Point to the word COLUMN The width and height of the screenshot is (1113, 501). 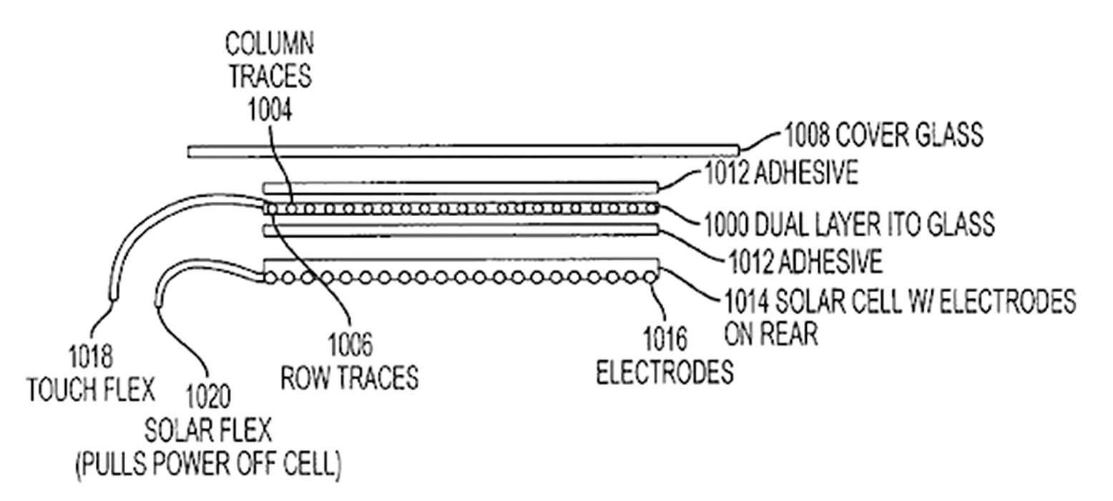pos(270,44)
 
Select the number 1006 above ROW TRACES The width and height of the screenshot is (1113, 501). pos(350,345)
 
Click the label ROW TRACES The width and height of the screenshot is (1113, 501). pos(350,377)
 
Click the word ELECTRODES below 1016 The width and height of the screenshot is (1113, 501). pos(665,372)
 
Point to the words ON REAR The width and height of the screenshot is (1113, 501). pos(770,334)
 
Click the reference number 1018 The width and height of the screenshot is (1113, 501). pos(90,356)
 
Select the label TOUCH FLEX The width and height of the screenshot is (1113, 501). pos(90,390)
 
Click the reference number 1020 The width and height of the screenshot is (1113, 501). pos(207,396)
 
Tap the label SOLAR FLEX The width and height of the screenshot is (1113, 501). pos(207,430)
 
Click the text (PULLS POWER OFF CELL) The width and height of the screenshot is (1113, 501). pos(207,464)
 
